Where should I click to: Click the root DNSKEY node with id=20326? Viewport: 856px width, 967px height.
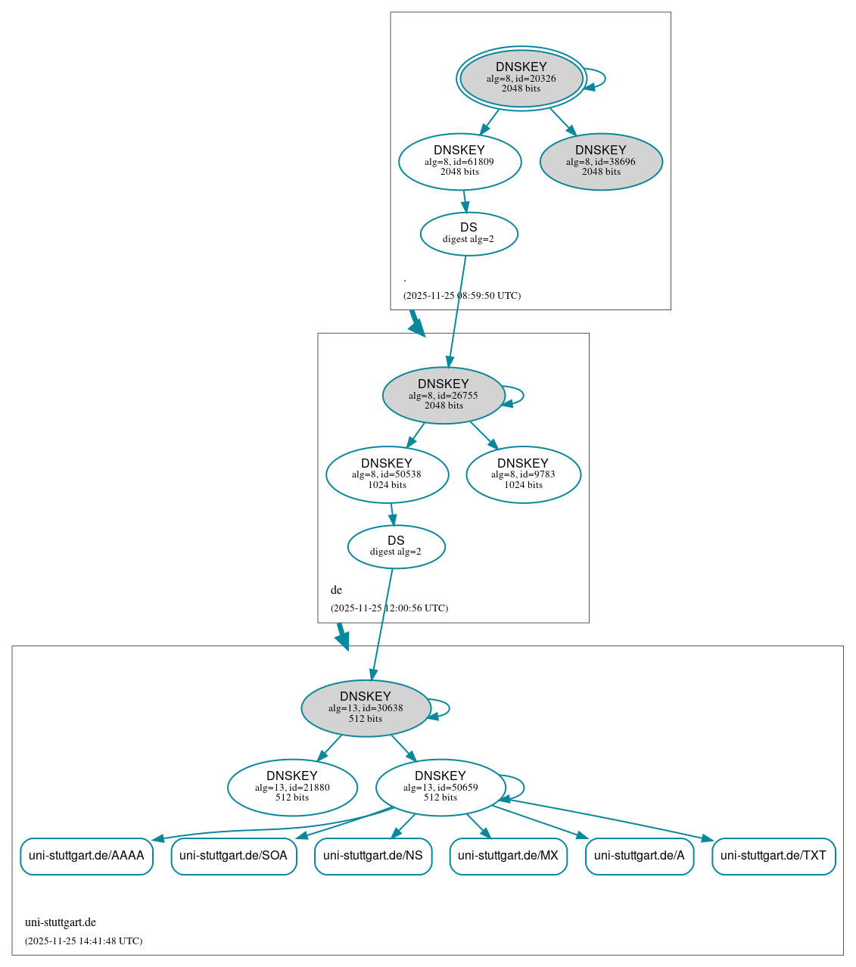pos(521,79)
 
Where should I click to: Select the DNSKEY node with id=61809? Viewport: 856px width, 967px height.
pos(459,161)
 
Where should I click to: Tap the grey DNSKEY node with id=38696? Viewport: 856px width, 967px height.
pos(601,161)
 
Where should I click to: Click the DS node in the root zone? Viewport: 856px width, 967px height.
pos(468,234)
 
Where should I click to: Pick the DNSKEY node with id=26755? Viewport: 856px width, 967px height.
pos(444,395)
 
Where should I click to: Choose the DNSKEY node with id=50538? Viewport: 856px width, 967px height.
pos(387,474)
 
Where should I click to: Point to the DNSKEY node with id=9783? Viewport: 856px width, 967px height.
pos(523,474)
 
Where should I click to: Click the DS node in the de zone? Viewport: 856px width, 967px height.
pos(396,546)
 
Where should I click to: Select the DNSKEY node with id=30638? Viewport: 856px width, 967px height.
pos(366,708)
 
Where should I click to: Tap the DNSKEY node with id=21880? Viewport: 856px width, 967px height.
pos(292,788)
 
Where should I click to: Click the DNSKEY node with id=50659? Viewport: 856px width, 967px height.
pos(440,788)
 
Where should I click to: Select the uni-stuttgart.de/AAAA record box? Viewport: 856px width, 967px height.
pos(86,856)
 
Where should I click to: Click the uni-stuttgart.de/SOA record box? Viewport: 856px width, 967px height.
pos(233,856)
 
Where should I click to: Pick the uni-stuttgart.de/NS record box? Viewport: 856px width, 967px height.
pos(373,856)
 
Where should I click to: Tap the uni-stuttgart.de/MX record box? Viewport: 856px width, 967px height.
pos(508,856)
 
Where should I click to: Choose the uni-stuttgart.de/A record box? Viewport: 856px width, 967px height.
pos(640,856)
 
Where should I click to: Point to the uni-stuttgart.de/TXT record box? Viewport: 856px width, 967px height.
pos(774,856)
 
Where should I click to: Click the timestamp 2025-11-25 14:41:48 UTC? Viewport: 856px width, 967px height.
pos(83,941)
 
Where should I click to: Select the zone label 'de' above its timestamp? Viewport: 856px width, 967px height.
pos(336,590)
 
